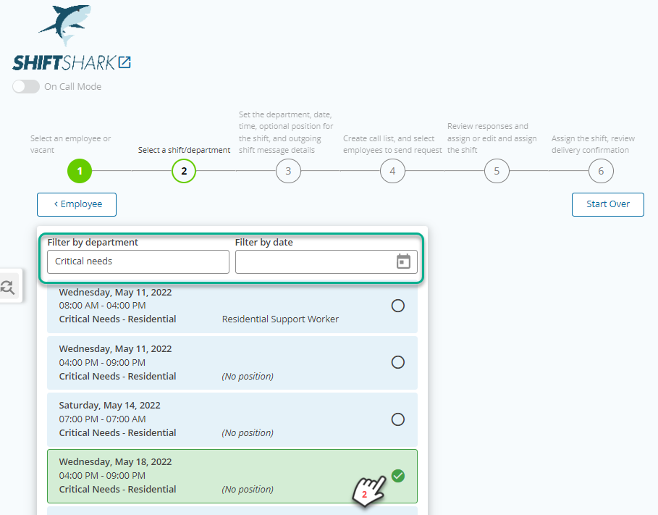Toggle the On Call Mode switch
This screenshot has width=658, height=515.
[26, 86]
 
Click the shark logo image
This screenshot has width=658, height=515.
[65, 25]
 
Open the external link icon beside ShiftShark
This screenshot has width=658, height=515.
[125, 62]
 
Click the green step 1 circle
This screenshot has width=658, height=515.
[80, 171]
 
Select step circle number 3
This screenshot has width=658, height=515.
[288, 171]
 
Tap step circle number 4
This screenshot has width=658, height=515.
[392, 171]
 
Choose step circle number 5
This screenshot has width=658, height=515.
[497, 171]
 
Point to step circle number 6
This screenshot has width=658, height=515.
[601, 171]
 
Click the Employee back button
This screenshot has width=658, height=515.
[77, 204]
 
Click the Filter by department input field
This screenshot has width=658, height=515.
[138, 261]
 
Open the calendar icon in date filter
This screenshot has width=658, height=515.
[403, 261]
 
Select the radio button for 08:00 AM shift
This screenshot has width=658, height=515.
[398, 306]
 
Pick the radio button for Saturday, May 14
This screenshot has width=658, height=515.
[398, 419]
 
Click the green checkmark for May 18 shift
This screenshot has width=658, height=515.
[398, 476]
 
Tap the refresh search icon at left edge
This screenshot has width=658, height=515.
[7, 287]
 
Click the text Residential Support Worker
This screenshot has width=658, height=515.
[280, 319]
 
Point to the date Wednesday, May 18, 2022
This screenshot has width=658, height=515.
[115, 462]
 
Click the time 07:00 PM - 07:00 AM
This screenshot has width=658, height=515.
[102, 419]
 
